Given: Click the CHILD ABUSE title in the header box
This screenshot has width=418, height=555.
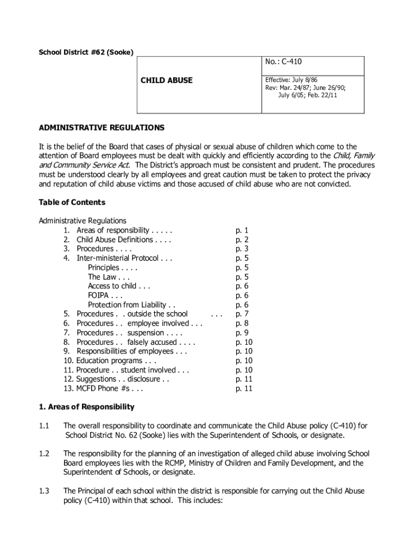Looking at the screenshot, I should click(167, 80).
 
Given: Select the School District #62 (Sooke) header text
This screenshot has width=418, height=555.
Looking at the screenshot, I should click(86, 52).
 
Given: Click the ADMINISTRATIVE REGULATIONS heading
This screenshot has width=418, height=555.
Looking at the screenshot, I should click(102, 128).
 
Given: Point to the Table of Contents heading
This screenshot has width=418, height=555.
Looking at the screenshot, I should click(72, 202).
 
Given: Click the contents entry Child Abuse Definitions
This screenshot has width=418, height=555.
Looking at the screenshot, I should click(115, 239).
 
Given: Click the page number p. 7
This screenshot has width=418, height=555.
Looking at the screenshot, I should click(242, 314).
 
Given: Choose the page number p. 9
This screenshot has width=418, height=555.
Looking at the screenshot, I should click(242, 332).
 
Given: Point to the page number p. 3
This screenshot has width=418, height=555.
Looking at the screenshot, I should click(242, 249).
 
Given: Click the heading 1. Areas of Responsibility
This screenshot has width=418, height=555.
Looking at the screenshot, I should click(86, 406).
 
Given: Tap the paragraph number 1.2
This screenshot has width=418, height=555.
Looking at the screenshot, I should click(45, 453).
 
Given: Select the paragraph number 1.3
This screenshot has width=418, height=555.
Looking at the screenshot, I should click(45, 491).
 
